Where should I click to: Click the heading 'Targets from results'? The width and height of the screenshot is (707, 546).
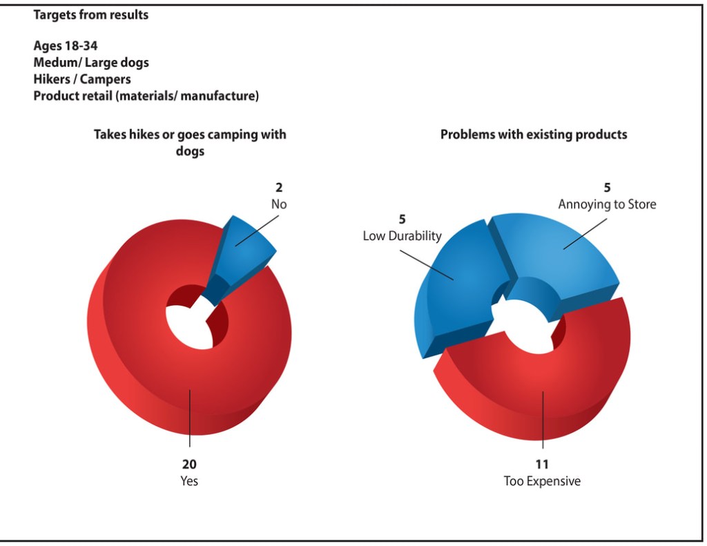coord(90,14)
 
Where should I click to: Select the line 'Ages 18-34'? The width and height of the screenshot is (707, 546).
coord(66,46)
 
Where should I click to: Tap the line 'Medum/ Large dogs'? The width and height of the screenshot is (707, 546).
coord(91,63)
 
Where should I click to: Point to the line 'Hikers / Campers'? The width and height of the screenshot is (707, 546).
coord(82,79)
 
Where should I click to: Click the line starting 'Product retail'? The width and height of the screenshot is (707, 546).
coord(146,96)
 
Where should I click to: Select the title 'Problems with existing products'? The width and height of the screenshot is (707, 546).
coord(534,135)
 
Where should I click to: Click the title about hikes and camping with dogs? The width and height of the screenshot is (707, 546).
coord(190,142)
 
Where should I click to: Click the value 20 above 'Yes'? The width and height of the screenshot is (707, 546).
coord(189,465)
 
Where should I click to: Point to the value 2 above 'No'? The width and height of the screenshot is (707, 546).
coord(279,187)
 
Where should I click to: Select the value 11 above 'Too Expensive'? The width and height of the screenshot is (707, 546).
coord(542,465)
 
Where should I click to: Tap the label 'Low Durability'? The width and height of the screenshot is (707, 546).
coord(402,236)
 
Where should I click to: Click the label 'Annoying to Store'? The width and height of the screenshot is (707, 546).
coord(607,204)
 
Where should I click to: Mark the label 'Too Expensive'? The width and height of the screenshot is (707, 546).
coord(542,481)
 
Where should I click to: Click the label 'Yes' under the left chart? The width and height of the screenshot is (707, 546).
coord(189,481)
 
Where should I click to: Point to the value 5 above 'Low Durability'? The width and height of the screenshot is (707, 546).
coord(402,220)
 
